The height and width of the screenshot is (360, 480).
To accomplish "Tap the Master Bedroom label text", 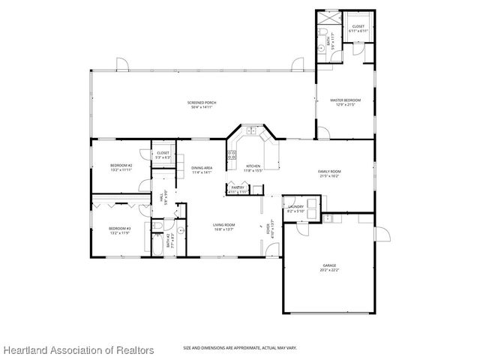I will coord(346,100).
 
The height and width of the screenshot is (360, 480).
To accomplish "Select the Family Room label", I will coord(329,172).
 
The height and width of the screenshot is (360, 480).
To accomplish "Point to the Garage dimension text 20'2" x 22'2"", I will coord(329,270).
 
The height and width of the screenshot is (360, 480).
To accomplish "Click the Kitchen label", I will coord(253,166).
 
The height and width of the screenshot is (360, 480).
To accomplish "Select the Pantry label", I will coord(237,190).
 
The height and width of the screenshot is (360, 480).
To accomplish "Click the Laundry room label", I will coord(295,208).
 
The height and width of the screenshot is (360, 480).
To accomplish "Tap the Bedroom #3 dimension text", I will coord(119,233).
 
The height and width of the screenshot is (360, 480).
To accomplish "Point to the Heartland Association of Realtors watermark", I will coord(78,350).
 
